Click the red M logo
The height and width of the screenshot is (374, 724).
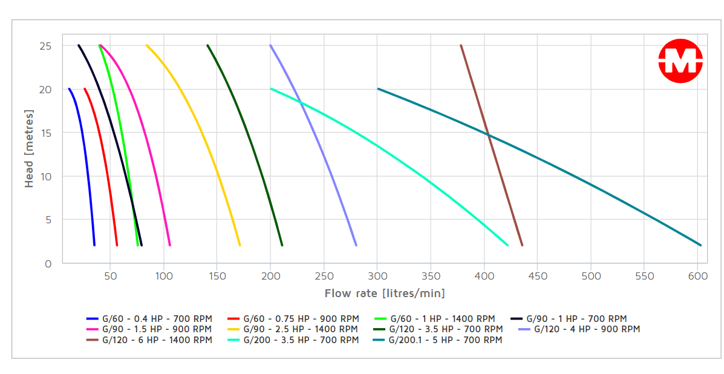tap(680, 61)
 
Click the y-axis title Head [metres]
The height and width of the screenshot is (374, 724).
tap(29, 149)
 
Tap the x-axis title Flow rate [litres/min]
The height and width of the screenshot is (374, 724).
tap(385, 294)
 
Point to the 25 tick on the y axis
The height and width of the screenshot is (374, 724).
tap(47, 46)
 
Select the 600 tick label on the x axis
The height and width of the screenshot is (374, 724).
tap(697, 276)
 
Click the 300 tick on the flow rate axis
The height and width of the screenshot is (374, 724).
tap(377, 276)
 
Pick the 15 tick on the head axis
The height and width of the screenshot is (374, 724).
tap(47, 133)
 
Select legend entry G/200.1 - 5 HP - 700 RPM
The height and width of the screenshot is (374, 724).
tap(437, 340)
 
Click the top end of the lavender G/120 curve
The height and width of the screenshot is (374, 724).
tap(270, 45)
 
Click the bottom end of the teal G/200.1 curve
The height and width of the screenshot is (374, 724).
tap(700, 245)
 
